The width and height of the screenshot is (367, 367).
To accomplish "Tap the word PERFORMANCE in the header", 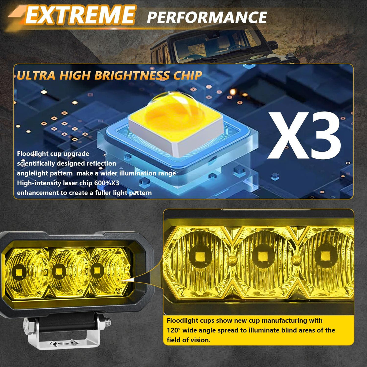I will (x=207, y=17).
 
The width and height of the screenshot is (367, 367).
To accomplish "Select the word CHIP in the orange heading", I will (x=187, y=75).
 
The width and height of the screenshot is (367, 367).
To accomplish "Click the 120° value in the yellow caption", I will (x=175, y=330).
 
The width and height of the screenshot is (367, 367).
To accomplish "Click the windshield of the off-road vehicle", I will (x=211, y=46).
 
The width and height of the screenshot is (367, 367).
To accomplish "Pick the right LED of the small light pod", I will (x=97, y=270).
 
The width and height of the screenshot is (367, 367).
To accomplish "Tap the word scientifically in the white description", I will (x=38, y=164).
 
